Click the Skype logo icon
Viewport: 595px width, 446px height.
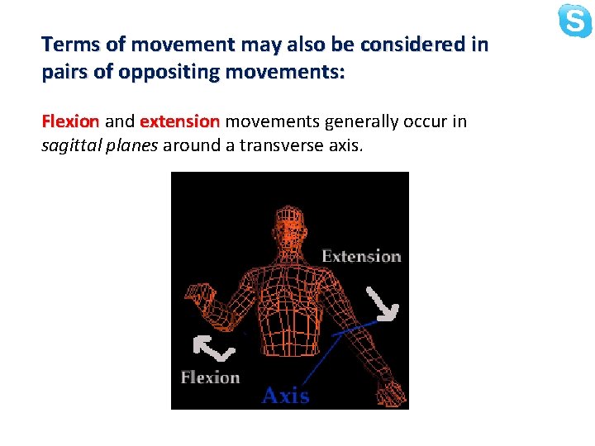click(x=575, y=21)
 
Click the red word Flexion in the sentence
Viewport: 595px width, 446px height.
click(x=70, y=122)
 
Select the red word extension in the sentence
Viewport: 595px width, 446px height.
click(x=179, y=122)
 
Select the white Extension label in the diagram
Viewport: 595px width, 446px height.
click(x=361, y=256)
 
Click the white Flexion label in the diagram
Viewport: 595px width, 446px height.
click(x=210, y=377)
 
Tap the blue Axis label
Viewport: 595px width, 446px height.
click(x=285, y=396)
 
